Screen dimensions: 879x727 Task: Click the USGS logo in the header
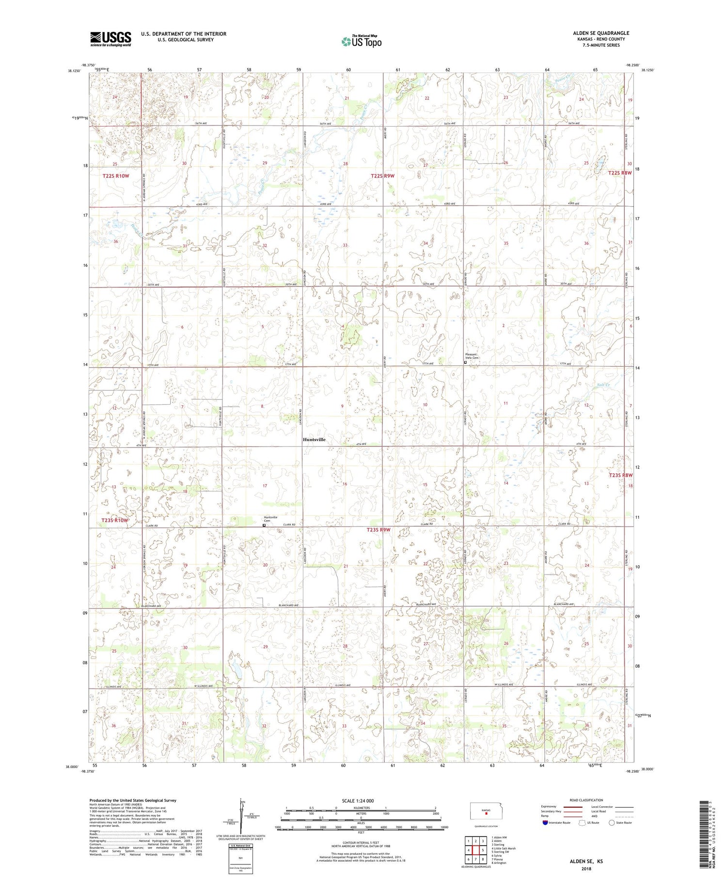click(111, 39)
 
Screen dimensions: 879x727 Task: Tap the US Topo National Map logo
click(361, 41)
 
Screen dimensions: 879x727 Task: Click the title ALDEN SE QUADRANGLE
click(601, 33)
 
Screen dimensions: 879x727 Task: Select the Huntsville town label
click(314, 440)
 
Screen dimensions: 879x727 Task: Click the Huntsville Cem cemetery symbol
click(264, 525)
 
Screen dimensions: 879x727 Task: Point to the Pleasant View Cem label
click(471, 356)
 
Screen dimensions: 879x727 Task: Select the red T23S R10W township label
click(115, 520)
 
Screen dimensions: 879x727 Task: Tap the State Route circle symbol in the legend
click(612, 822)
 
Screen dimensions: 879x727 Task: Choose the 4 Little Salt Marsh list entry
click(503, 848)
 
